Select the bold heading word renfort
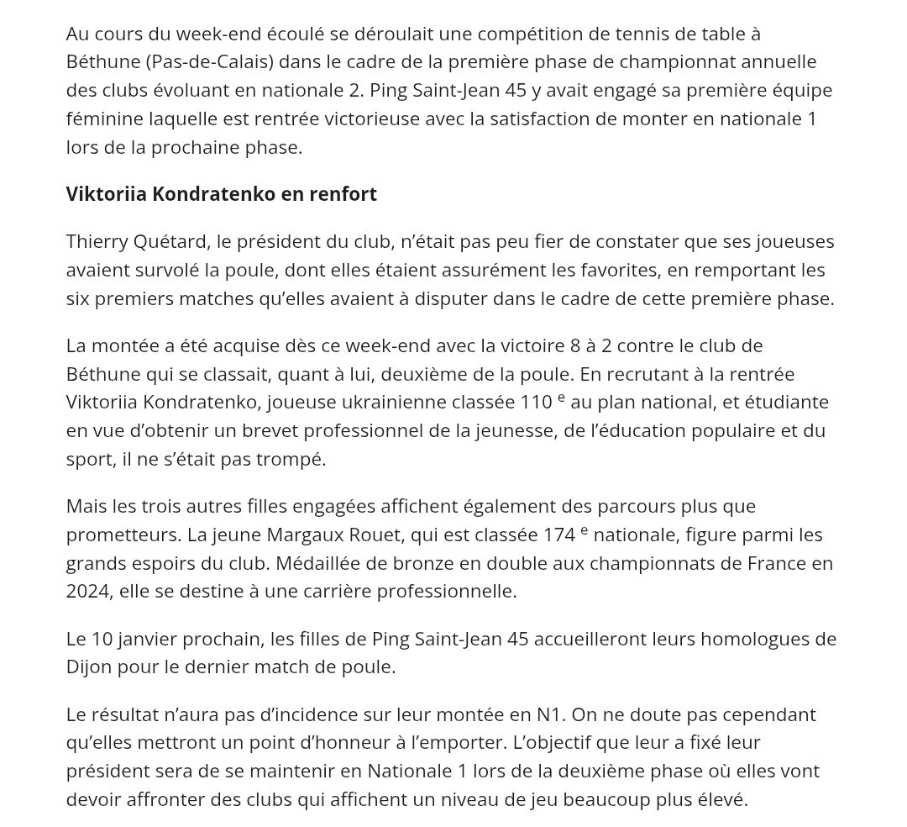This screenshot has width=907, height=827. [x=343, y=194]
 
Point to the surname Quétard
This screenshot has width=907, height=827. [x=170, y=242]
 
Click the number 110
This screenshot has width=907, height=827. [x=536, y=402]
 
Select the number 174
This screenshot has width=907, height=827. [x=558, y=535]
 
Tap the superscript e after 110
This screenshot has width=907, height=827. [x=561, y=397]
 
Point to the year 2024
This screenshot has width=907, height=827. [x=87, y=591]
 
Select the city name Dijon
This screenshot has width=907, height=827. [x=89, y=666]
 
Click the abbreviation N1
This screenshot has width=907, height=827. [x=549, y=714]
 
